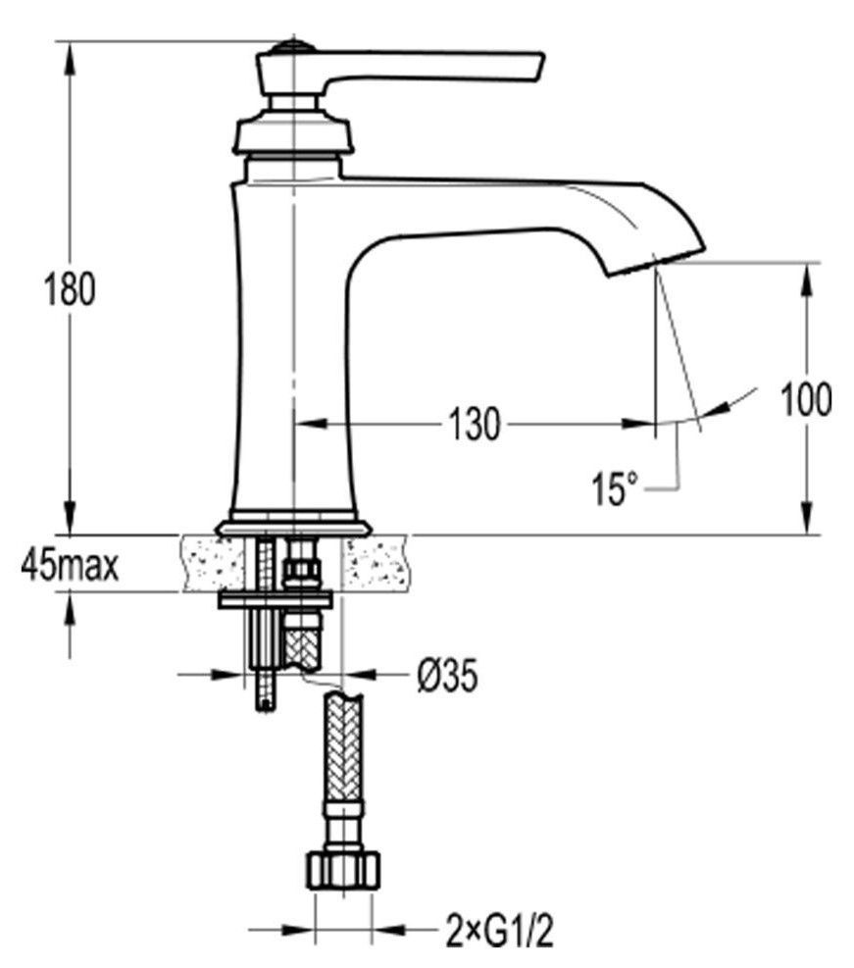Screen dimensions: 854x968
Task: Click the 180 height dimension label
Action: tap(70, 289)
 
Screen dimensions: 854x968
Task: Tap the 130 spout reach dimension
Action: tap(474, 424)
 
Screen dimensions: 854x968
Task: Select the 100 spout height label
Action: tap(806, 399)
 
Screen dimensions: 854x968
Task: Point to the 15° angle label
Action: tap(614, 488)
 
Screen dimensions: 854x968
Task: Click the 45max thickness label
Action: tap(70, 566)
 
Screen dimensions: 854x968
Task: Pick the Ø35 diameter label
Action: tap(447, 675)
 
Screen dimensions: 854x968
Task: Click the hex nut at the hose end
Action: tap(343, 871)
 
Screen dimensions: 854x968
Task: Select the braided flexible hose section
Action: tap(343, 747)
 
